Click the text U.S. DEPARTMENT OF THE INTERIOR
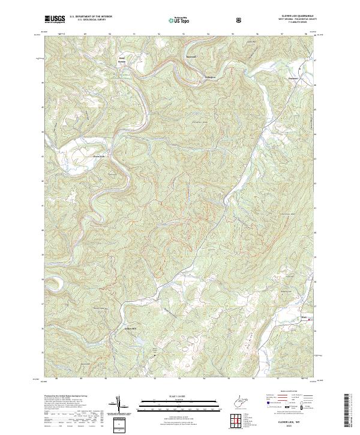[x=91, y=17]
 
